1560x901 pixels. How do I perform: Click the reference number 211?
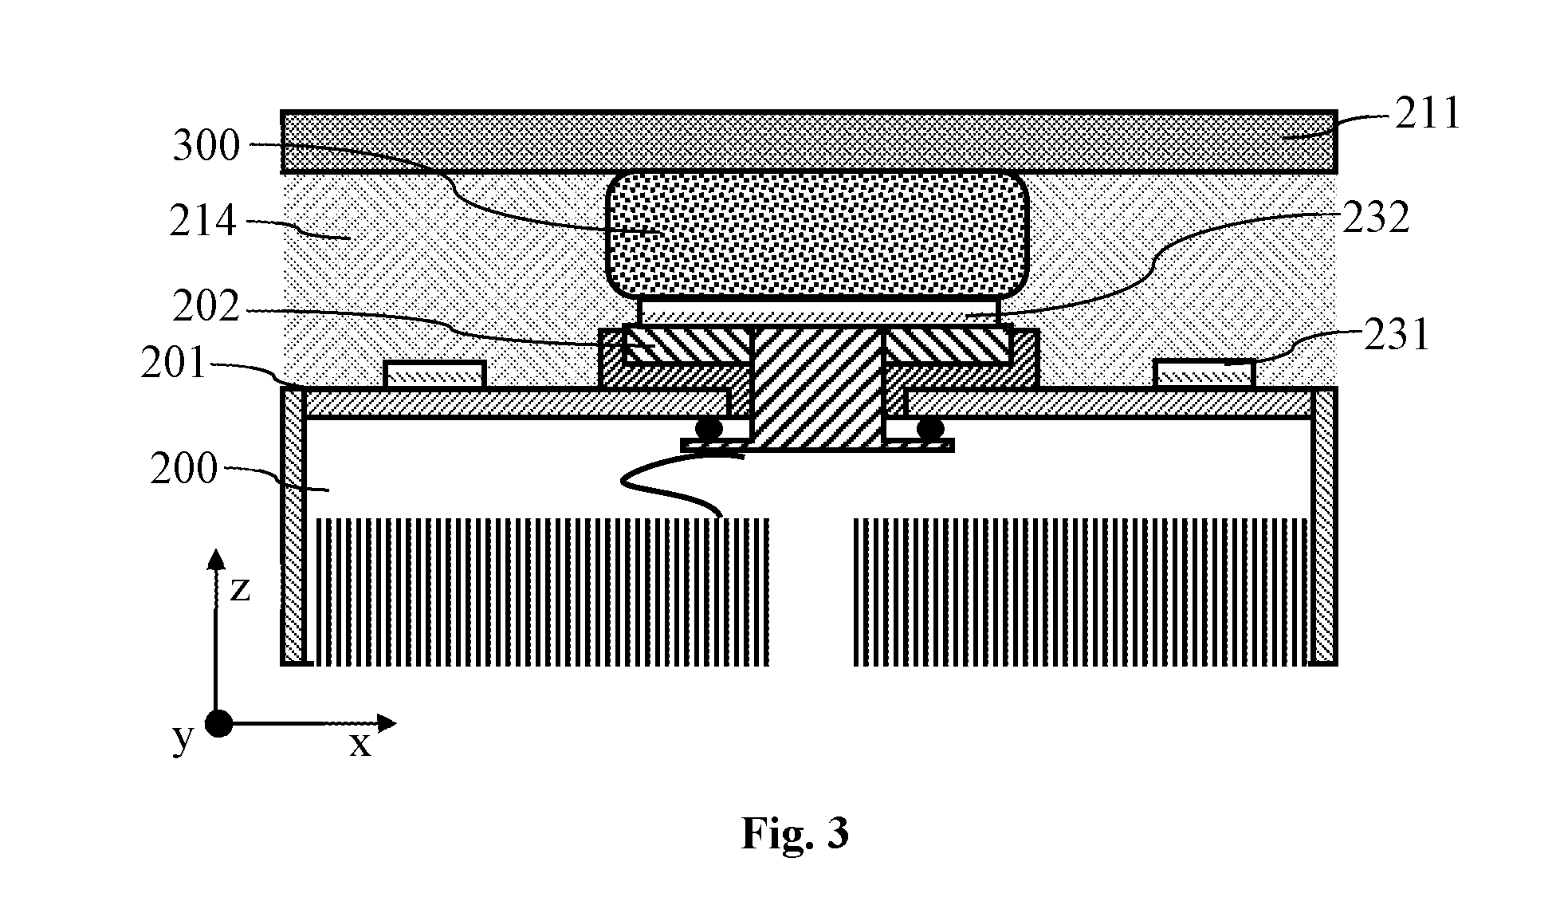(1427, 114)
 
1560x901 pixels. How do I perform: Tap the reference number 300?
(206, 147)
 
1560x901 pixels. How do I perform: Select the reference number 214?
(203, 221)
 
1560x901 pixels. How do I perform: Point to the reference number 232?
(1376, 217)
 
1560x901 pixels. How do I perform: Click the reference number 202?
(206, 306)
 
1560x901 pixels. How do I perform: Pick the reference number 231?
(1397, 335)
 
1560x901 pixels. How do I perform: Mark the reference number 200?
(184, 469)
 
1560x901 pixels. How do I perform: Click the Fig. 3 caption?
(795, 833)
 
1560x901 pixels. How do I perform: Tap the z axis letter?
(240, 589)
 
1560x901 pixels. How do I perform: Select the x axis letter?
(361, 745)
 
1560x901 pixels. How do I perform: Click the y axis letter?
(183, 739)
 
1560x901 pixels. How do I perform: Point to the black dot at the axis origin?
(218, 724)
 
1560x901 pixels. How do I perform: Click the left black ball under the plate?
(709, 430)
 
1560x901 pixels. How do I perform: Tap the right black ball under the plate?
(929, 430)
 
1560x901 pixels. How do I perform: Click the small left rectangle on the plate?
(434, 375)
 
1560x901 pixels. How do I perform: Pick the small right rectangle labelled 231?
(1204, 375)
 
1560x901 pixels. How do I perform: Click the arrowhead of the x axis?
(387, 723)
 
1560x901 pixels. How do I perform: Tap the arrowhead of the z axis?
(215, 558)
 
